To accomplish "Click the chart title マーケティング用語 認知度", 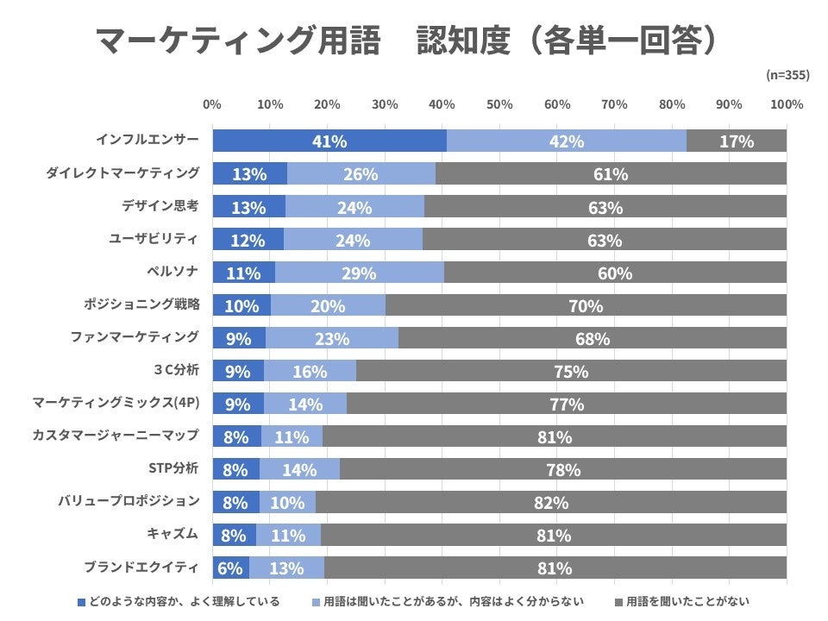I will (x=405, y=41).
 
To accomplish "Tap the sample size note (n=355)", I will (x=787, y=75).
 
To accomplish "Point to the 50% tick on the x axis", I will (x=499, y=104).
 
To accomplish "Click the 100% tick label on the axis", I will (x=786, y=104).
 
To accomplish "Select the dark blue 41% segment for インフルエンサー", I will (x=329, y=141).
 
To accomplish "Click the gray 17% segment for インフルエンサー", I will (x=737, y=141).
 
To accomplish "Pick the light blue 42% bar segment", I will (x=567, y=141).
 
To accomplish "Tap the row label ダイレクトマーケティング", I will (x=122, y=172).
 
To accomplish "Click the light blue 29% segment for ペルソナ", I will (x=359, y=273).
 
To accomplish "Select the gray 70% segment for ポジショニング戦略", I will (x=586, y=305).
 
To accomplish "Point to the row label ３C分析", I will (x=175, y=370).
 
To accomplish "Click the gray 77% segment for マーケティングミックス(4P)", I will (x=567, y=404).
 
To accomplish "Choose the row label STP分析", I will (x=173, y=468).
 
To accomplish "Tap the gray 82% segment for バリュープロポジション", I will (x=551, y=502).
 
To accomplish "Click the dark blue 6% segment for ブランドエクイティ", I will (x=230, y=568).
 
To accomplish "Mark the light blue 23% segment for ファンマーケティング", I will (x=332, y=338).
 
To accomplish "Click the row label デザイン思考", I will (x=160, y=205).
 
